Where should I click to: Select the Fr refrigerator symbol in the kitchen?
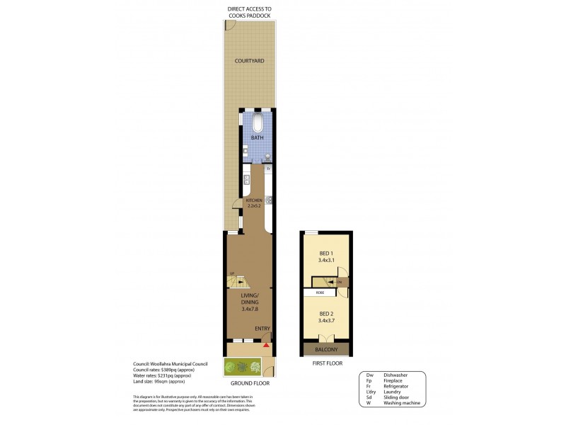(x=269, y=169)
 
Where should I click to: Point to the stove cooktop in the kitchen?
(x=269, y=200)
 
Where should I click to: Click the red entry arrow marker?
(x=266, y=345)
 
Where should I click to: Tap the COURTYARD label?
(x=250, y=62)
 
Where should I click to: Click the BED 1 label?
(x=325, y=253)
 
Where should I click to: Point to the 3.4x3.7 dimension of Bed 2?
(x=326, y=321)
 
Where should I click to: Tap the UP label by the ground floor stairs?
(x=231, y=273)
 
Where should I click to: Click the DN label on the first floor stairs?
(x=339, y=282)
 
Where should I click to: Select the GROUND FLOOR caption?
(x=250, y=383)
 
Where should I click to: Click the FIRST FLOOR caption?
(x=326, y=363)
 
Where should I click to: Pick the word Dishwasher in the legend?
(x=398, y=376)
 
